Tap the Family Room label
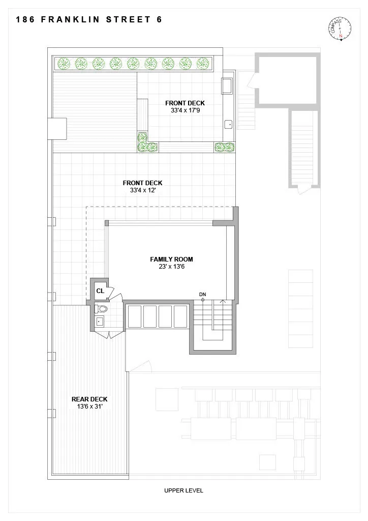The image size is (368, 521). click(x=171, y=259)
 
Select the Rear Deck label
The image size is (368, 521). click(x=89, y=399)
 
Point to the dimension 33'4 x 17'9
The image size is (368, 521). click(x=185, y=110)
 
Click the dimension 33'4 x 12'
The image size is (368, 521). click(x=143, y=190)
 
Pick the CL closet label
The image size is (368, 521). click(x=100, y=291)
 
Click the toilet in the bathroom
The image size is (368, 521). click(x=102, y=309)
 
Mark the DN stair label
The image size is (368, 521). click(x=202, y=295)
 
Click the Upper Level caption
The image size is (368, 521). click(x=183, y=490)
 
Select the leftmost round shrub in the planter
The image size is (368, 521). click(x=64, y=64)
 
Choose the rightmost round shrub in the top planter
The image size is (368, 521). click(x=203, y=64)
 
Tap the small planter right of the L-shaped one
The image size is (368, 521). click(x=224, y=147)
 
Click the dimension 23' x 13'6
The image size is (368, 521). click(x=171, y=267)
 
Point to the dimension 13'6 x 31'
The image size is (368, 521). click(x=89, y=407)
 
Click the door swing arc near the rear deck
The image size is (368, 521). click(x=141, y=366)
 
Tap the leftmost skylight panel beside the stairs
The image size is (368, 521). click(x=135, y=316)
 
